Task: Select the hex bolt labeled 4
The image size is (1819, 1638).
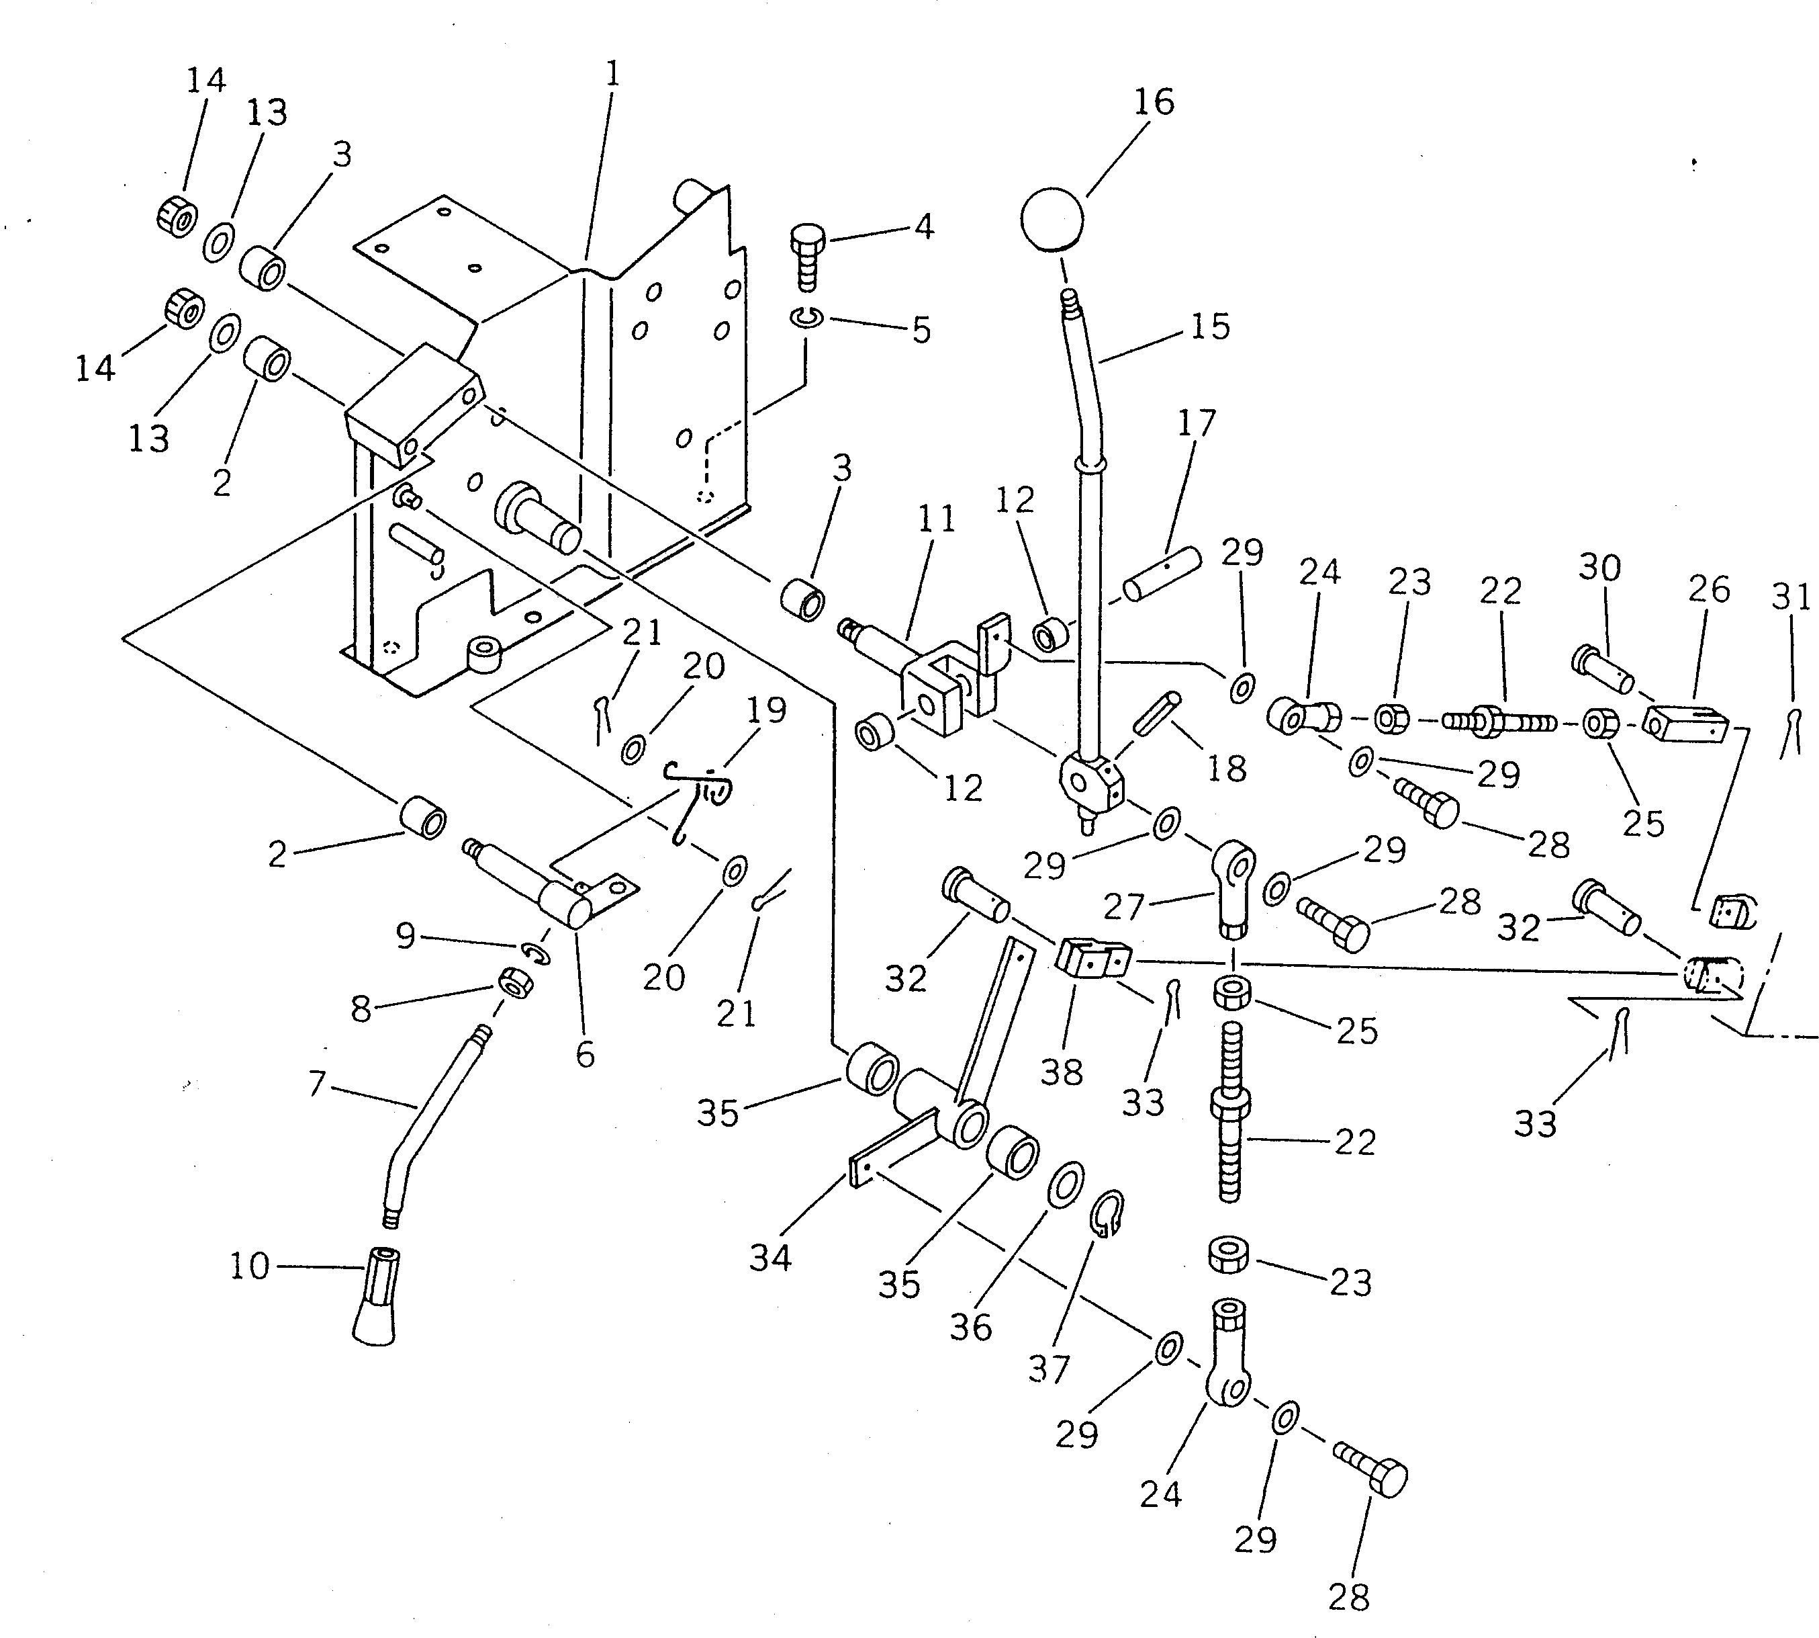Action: [807, 255]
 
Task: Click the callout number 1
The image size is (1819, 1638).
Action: [612, 75]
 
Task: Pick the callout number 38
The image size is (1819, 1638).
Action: [1062, 1072]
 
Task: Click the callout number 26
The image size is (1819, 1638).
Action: [1708, 589]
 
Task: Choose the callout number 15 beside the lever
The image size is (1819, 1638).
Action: [1210, 327]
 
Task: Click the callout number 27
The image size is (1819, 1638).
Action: [1123, 907]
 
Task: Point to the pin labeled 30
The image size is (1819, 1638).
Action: [1602, 671]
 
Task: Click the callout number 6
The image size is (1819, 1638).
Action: [585, 1055]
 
